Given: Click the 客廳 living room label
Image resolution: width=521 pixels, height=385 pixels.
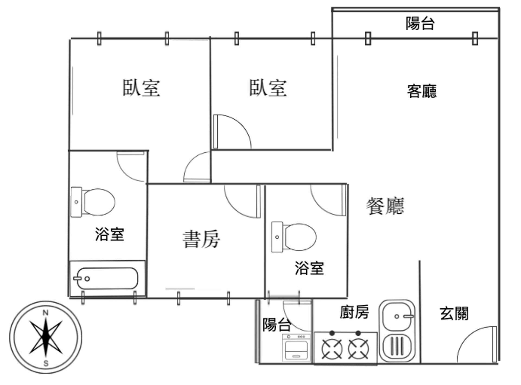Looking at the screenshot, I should (422, 91).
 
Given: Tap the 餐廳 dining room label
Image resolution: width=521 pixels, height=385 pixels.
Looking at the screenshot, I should (385, 206).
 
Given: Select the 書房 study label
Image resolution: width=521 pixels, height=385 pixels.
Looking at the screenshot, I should (201, 239).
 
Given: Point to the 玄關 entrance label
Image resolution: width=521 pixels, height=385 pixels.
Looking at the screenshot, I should (454, 313).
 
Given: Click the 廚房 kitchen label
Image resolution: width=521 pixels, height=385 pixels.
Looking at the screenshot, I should (354, 312).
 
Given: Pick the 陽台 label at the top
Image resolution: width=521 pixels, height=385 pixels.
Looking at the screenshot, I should (420, 23).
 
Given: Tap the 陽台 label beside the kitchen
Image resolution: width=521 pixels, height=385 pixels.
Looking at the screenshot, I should (276, 325).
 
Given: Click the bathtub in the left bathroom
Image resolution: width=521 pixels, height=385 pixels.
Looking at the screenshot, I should (107, 278).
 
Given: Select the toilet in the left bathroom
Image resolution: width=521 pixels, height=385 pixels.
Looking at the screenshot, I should (94, 202).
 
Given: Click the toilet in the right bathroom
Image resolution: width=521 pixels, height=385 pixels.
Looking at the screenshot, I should (294, 237).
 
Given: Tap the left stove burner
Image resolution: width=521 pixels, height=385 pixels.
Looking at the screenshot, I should (332, 349).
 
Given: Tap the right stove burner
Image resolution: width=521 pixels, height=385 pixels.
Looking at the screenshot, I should (358, 349).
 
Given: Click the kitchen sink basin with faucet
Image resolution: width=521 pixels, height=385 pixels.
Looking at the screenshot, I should (397, 316).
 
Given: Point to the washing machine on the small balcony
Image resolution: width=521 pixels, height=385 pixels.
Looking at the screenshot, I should (296, 348).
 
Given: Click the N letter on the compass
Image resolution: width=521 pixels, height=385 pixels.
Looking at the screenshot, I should (46, 313).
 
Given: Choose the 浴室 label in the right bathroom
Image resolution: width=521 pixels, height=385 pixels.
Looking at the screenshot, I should (309, 268).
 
